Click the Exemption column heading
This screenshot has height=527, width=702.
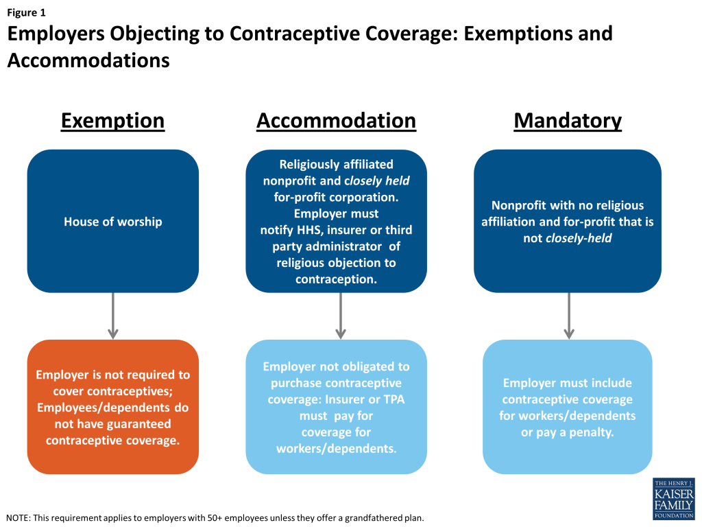click(x=113, y=121)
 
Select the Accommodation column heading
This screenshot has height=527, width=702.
click(x=336, y=121)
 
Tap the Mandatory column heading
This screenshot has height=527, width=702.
click(x=568, y=121)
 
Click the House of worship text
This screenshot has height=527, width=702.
click(x=113, y=222)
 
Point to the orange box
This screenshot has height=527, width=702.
click(x=113, y=407)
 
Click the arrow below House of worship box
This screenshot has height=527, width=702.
click(x=113, y=316)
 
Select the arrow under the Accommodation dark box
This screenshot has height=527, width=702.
click(x=341, y=316)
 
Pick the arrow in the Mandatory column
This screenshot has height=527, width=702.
click(x=569, y=316)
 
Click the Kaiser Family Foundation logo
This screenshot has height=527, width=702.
click(x=674, y=499)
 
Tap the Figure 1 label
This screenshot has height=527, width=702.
click(x=27, y=12)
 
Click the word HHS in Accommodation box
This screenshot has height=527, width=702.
click(x=310, y=230)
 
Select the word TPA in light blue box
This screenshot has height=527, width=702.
click(x=394, y=399)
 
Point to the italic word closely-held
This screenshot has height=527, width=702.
click(x=579, y=238)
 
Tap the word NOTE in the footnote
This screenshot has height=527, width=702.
click(x=17, y=518)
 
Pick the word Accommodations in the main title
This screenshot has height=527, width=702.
click(x=88, y=60)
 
